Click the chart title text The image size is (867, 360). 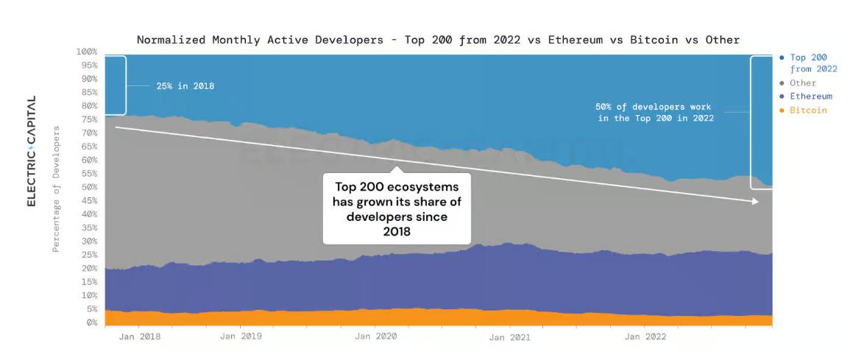438,40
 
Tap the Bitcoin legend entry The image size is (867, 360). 808,110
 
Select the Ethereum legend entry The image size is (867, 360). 810,96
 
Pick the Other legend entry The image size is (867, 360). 802,83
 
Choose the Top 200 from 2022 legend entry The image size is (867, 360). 813,63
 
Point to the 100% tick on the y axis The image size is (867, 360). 87,52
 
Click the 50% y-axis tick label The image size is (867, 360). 89,187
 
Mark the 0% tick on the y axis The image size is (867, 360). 91,322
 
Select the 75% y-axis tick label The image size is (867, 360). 89,119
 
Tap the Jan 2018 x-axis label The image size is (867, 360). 139,336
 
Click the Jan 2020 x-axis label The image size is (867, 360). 375,336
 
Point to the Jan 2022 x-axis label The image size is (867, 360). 645,336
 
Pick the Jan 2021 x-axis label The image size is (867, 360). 509,337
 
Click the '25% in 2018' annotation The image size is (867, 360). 185,85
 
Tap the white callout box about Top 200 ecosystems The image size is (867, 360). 396,208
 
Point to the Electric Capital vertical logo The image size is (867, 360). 32,151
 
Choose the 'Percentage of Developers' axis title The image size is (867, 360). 56,189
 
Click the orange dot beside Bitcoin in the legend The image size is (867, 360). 781,110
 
